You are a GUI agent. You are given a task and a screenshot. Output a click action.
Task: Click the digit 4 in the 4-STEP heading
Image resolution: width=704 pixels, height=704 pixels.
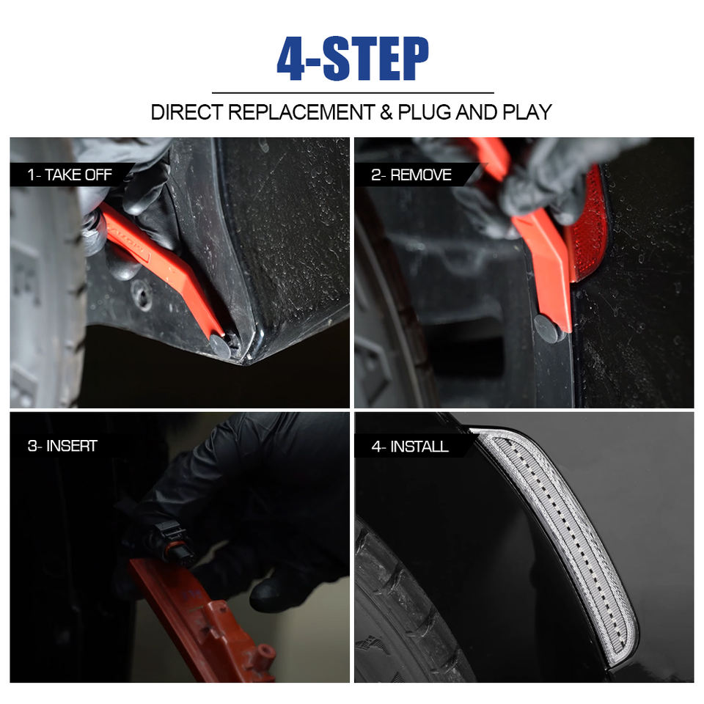pos(291,59)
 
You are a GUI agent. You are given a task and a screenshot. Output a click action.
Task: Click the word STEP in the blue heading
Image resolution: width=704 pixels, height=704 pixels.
pos(376,59)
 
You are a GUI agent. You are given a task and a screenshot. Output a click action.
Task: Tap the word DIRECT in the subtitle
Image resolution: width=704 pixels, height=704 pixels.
pos(187,112)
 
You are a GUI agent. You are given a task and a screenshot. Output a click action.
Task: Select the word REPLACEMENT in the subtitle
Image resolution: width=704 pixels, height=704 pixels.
pos(301,112)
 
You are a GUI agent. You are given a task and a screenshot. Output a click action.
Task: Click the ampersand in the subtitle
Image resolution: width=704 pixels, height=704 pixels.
pos(386,112)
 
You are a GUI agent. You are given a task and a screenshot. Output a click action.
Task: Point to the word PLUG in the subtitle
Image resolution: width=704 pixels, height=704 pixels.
pos(425,112)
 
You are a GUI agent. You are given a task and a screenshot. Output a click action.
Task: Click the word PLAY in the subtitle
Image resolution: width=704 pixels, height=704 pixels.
pos(527,112)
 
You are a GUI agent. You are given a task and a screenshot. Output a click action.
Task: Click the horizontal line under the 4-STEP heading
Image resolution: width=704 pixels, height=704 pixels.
pos(353,93)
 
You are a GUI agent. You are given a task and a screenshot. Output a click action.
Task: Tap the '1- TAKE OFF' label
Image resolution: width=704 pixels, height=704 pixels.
pos(70,175)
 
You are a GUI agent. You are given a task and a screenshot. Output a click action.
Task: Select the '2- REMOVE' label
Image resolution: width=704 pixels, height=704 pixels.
pos(411,175)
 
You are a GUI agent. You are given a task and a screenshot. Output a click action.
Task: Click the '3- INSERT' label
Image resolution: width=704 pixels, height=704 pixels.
pos(62,446)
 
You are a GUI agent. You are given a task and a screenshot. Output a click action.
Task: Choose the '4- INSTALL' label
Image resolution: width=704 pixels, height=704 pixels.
pos(410,447)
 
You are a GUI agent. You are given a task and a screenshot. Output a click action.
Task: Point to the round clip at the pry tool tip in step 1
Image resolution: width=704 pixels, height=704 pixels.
pos(221,345)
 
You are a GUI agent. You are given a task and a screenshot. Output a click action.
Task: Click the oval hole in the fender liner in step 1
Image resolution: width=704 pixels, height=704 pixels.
pos(143,296)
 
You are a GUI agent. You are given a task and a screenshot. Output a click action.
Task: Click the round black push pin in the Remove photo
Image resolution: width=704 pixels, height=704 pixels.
pos(546,329)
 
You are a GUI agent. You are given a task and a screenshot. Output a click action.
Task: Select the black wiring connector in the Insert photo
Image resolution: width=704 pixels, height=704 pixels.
pos(173,543)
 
